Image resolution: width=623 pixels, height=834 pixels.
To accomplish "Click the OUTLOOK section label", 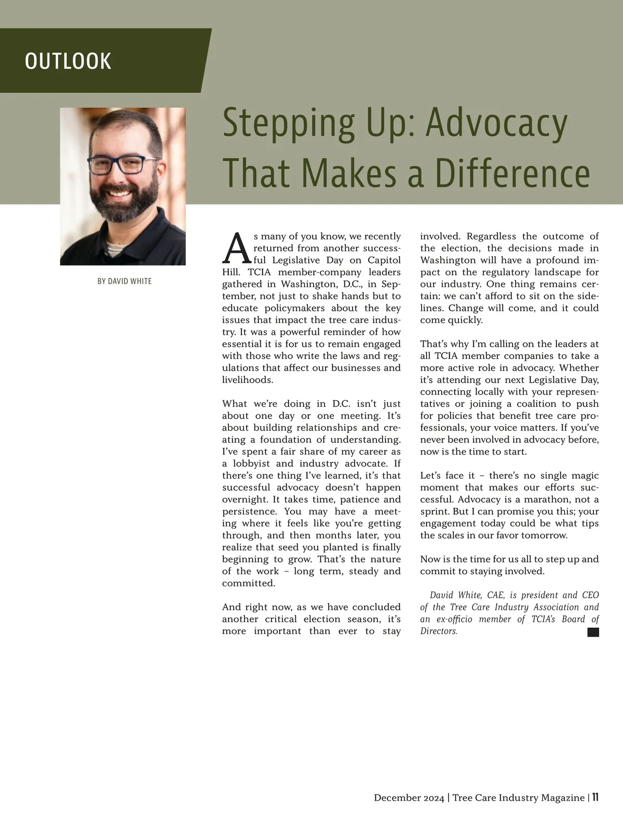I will click(x=68, y=61).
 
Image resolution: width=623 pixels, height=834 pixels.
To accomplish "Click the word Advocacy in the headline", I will click(x=496, y=123).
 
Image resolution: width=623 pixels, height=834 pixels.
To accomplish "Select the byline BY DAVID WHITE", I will click(x=125, y=281).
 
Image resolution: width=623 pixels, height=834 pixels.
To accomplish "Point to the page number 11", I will click(x=595, y=797).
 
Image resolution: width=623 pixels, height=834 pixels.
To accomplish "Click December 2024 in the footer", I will click(x=409, y=798).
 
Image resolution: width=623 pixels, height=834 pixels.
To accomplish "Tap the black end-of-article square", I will click(x=593, y=632).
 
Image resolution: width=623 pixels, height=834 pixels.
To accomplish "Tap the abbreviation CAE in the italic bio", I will click(x=496, y=595).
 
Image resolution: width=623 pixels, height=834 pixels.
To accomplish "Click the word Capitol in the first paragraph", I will click(x=384, y=260).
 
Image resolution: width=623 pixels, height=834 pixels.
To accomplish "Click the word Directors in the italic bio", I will click(x=438, y=631).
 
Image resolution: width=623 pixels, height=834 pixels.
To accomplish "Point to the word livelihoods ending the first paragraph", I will click(x=247, y=380).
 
